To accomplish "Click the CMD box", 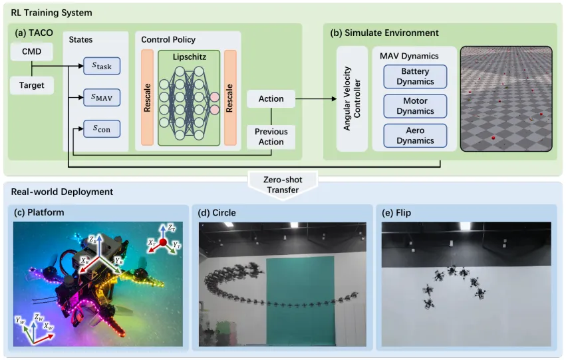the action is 32,52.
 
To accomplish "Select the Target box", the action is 32,86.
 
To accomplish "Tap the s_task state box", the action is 102,66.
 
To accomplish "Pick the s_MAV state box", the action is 102,98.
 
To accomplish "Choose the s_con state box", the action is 102,129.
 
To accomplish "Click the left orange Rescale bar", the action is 147,98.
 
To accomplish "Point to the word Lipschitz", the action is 189,57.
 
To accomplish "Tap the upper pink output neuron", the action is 215,97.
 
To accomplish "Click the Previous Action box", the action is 271,137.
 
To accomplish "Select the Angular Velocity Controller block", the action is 352,98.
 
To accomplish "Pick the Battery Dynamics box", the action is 415,77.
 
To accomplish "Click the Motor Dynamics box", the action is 415,106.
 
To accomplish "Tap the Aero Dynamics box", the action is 415,136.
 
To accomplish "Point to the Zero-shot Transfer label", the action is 283,185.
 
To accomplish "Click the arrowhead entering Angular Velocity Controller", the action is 334,98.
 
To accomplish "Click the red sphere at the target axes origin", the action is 163,242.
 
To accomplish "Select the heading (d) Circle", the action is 217,213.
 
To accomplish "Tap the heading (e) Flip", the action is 396,213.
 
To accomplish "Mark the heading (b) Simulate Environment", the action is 384,33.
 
